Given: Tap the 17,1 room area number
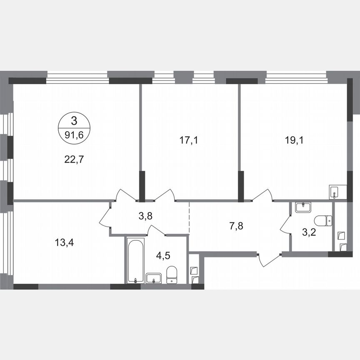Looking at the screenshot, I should point(188,140).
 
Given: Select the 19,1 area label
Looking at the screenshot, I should point(294,140).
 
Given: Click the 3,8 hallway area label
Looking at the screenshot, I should point(145,216).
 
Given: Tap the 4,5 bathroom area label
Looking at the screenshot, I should point(162,255).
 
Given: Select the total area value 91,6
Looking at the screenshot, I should point(74,135).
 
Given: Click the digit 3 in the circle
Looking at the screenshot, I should point(74,121).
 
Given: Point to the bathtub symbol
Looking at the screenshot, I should point(135,260).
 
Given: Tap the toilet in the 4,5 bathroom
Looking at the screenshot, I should point(172,275).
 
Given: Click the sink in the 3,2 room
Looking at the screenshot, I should point(303,207).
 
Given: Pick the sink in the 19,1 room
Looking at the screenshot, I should point(335,191).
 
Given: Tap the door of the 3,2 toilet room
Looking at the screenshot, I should point(285,225).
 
